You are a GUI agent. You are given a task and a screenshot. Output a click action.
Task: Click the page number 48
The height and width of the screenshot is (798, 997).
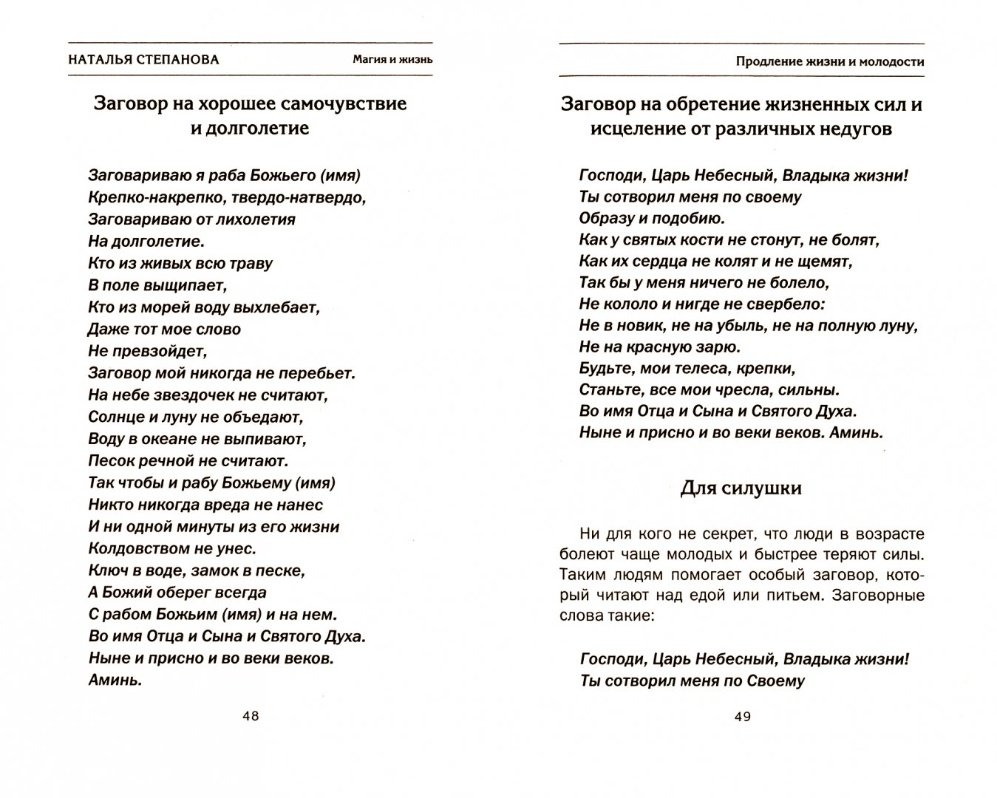251,716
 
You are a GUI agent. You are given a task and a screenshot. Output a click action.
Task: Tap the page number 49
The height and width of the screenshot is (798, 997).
742,716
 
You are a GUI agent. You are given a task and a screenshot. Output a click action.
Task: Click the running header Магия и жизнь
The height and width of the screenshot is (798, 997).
392,59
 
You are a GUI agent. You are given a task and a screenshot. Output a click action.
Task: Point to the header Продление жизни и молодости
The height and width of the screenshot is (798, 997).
829,61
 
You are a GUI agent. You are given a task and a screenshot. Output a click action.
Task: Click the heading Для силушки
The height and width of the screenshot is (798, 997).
741,488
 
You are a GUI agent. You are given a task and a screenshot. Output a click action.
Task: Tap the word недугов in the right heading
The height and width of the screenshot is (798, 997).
850,129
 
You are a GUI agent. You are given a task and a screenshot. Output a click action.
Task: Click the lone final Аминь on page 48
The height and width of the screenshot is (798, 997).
115,680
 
